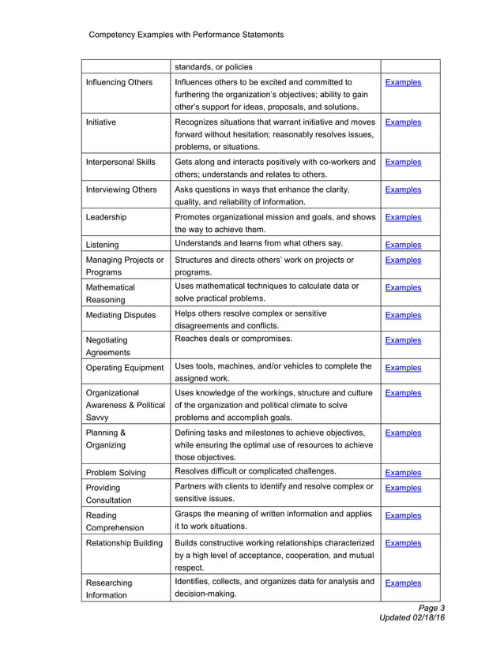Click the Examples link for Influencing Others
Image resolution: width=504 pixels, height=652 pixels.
coord(403,83)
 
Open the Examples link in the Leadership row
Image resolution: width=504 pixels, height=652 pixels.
coord(403,218)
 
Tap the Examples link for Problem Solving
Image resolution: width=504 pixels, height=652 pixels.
coord(403,474)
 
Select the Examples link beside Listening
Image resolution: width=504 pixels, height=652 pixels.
coord(403,245)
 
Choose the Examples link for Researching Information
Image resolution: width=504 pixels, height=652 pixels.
coord(403,583)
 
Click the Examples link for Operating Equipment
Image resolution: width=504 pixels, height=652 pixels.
coord(403,368)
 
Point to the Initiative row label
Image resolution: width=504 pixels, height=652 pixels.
coord(101,122)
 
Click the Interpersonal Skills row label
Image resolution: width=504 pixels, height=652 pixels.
coord(120,163)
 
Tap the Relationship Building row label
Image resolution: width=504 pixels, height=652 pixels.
coord(124,543)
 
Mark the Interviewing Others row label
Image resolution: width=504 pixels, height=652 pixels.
coord(121,190)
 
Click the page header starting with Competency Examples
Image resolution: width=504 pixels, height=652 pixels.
coord(186,35)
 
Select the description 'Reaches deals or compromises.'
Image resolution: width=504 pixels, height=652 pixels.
coord(233,339)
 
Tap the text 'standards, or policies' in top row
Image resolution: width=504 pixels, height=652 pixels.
coord(213,67)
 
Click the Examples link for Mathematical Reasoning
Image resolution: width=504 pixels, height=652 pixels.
coord(403,288)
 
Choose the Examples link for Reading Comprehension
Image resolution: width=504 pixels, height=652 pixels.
coord(403,516)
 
